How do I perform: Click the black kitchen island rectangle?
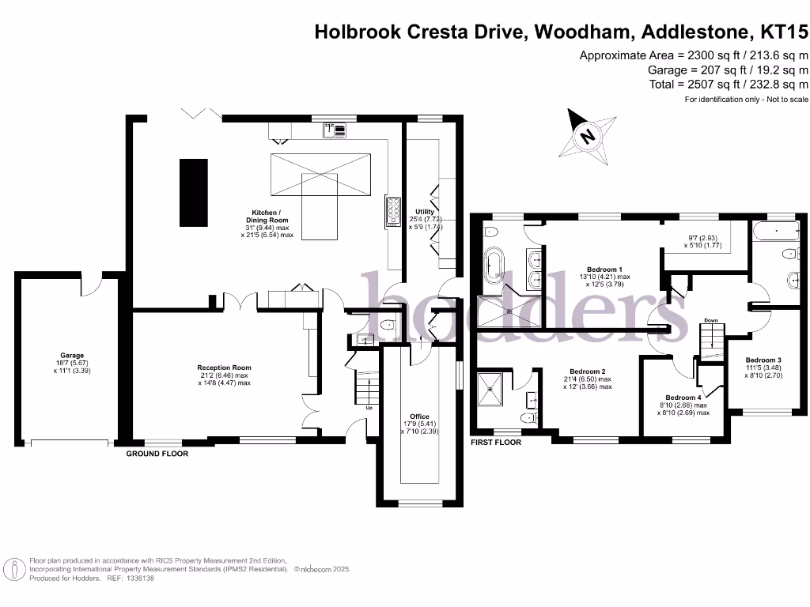193,191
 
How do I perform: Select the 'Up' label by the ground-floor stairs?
369,408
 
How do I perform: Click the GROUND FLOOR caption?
157,454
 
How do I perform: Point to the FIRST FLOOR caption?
496,443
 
